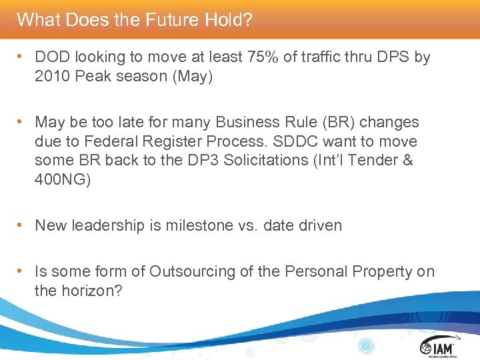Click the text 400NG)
click(62, 180)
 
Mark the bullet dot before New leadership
click(21, 225)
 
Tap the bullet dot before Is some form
click(21, 271)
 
